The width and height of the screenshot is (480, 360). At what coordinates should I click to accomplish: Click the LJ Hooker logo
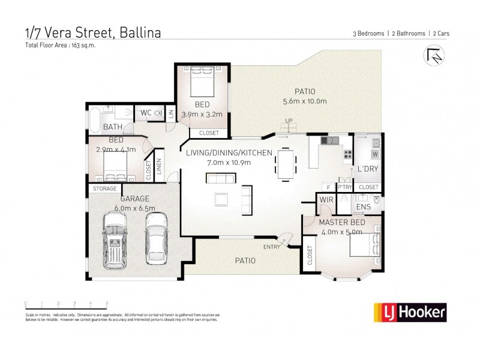(410, 311)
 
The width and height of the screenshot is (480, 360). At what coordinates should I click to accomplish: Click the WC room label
(146, 112)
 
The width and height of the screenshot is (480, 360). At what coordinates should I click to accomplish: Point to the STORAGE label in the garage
(104, 189)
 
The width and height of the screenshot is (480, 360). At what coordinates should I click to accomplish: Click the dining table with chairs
(286, 164)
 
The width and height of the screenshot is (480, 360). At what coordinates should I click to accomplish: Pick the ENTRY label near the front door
(272, 247)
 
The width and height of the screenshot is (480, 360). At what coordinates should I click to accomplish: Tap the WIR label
(326, 200)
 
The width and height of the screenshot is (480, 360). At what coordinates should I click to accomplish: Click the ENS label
(363, 207)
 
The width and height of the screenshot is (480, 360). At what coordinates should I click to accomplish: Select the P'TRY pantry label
(344, 187)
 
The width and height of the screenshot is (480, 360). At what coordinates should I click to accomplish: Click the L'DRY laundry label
(368, 169)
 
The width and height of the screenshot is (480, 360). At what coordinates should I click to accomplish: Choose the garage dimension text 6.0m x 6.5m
(134, 208)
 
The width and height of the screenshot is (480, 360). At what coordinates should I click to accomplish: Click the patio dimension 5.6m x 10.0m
(305, 101)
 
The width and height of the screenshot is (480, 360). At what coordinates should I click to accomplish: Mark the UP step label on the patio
(289, 121)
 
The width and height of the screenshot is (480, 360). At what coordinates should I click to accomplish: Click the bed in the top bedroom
(202, 82)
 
